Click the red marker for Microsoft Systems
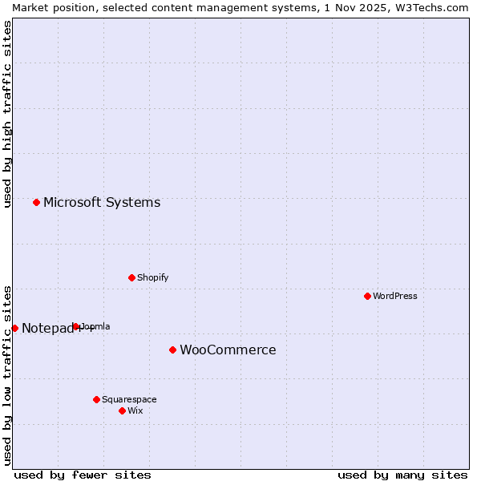pos(36,202)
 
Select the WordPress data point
pos(367,296)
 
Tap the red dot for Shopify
pos(131,277)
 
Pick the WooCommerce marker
pos(172,350)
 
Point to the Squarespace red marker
pos(96,399)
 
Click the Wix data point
pos(122,410)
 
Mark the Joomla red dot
pos(76,326)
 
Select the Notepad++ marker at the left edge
pos(14,328)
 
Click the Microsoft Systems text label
pos(102,203)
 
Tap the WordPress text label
pos(395,296)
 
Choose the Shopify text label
pos(153,277)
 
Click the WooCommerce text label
pos(228,350)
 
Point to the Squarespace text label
pos(129,399)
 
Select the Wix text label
pos(135,410)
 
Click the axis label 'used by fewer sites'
pos(83,475)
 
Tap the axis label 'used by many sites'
pos(402,475)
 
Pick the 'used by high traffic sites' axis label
pos(7,115)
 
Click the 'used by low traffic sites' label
pos(7,375)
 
